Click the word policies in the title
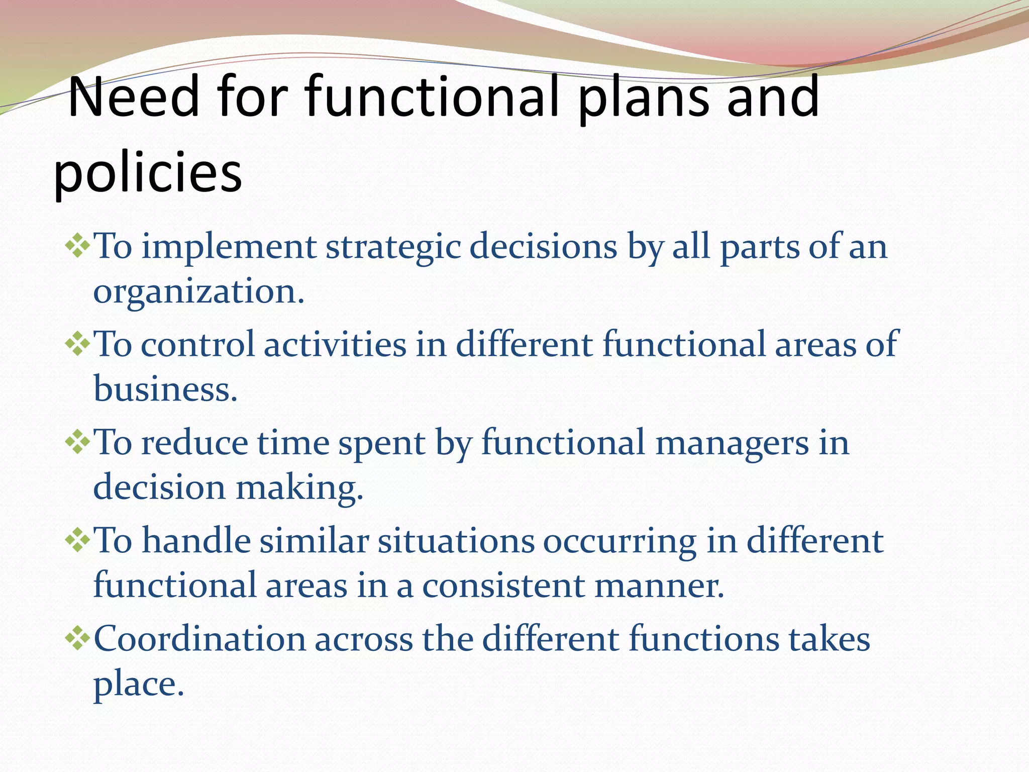click(x=147, y=173)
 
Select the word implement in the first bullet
click(x=229, y=248)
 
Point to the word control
click(x=197, y=345)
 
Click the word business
click(x=165, y=390)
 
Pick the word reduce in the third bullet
click(x=194, y=443)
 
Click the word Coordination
click(x=200, y=639)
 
